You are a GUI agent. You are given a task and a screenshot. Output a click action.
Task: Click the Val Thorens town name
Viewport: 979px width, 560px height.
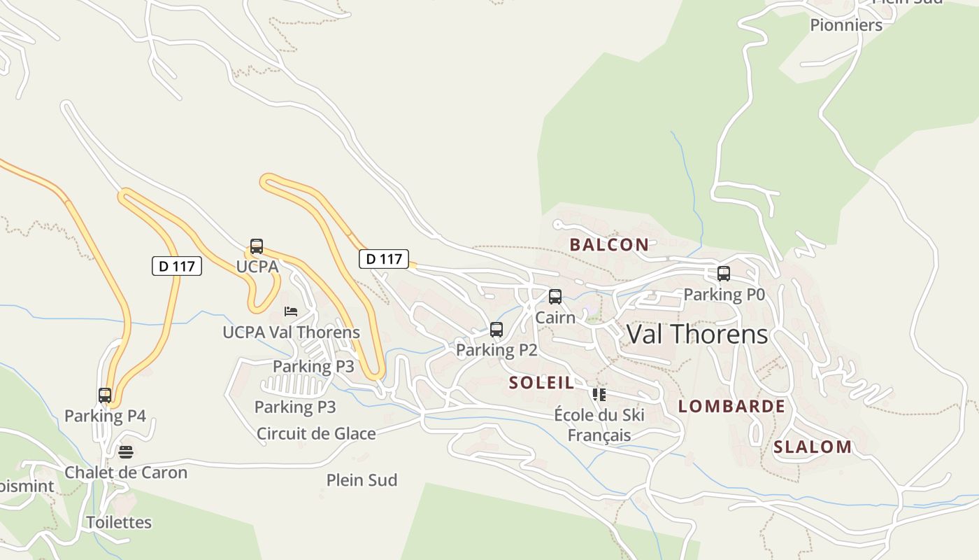click(697, 334)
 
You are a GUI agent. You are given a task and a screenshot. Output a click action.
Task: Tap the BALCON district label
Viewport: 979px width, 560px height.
click(609, 244)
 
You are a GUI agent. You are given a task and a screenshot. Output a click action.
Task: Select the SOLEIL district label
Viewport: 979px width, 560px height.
click(542, 382)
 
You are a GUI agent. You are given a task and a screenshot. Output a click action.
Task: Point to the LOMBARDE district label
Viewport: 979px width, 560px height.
click(731, 406)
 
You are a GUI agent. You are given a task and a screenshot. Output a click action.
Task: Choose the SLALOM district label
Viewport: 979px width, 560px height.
click(813, 447)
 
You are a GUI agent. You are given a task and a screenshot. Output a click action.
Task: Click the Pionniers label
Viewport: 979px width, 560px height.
click(846, 25)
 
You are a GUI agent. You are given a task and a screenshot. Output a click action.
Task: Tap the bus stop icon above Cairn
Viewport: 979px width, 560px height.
click(555, 297)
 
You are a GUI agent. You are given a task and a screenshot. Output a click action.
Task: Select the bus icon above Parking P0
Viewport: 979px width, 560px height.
click(724, 274)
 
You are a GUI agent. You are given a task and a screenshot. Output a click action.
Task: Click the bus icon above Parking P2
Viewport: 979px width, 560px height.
click(496, 329)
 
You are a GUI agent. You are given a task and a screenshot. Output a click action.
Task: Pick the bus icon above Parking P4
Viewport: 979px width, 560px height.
click(105, 395)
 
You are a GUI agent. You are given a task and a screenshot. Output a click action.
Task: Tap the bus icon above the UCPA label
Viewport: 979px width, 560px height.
click(257, 246)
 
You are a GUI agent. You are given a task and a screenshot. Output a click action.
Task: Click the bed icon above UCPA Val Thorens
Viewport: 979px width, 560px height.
click(291, 311)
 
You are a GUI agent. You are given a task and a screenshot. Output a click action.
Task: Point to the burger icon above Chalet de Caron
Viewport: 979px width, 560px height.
click(126, 452)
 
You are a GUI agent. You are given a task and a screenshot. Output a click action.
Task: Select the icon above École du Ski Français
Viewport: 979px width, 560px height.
click(599, 395)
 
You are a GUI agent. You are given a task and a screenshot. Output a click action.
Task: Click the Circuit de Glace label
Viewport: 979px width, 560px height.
click(316, 433)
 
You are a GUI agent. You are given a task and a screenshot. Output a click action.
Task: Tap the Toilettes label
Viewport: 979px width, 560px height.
click(119, 522)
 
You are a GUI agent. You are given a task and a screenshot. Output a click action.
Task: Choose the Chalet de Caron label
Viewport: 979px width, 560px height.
click(126, 472)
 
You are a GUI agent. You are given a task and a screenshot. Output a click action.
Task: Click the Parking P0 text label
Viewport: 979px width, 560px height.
click(724, 295)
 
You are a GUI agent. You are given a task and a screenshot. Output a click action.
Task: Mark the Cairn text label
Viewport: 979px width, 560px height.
click(555, 318)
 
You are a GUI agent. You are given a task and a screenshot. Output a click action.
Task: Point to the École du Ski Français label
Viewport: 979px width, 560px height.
click(599, 425)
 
